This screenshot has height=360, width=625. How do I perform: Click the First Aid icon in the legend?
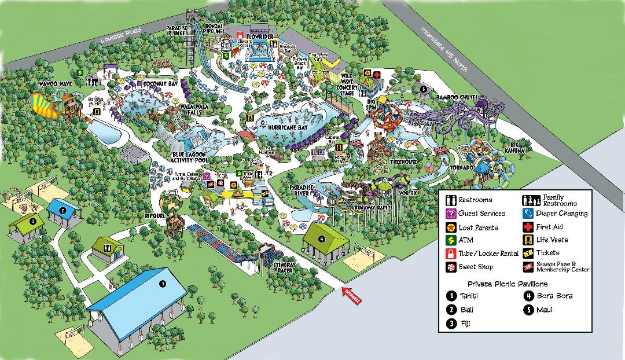tap(530, 227)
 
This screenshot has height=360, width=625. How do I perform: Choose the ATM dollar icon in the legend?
tap(451, 240)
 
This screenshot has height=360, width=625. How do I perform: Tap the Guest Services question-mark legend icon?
tap(451, 214)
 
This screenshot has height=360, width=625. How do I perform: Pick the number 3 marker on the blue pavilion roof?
tap(163, 284)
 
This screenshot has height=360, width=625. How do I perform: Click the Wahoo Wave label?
tap(55, 84)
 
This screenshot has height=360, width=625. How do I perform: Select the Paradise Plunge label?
tap(177, 31)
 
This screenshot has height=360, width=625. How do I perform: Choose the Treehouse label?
tap(403, 162)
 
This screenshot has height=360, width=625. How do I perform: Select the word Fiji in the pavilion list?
tap(465, 324)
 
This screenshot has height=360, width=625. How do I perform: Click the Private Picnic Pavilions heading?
tap(507, 284)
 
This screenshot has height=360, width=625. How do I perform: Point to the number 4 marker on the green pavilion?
tap(322, 238)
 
